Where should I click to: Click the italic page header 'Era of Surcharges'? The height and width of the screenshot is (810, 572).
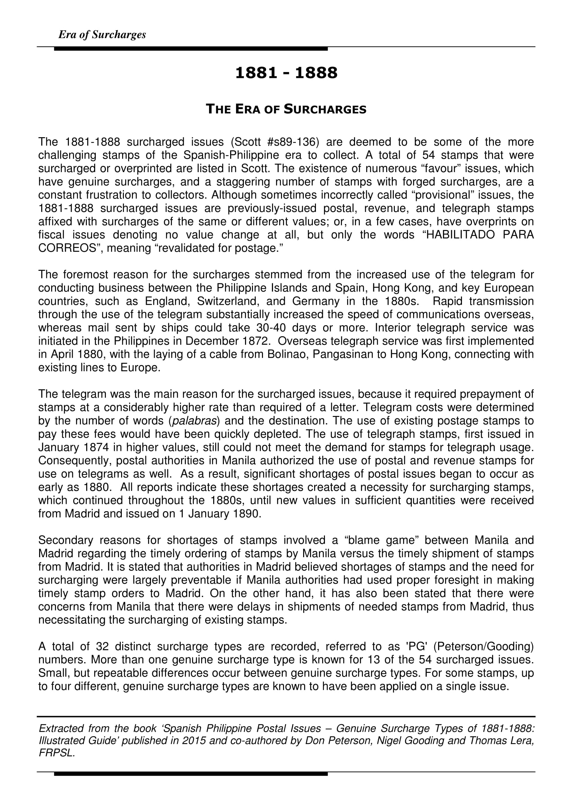[x=102, y=35]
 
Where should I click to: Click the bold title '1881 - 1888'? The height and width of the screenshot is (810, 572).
[x=286, y=73]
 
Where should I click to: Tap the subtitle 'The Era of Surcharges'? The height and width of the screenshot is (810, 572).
[x=286, y=109]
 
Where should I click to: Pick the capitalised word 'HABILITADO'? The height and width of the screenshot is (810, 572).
[x=460, y=235]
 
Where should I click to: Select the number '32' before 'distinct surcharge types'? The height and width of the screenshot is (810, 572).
[x=102, y=646]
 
